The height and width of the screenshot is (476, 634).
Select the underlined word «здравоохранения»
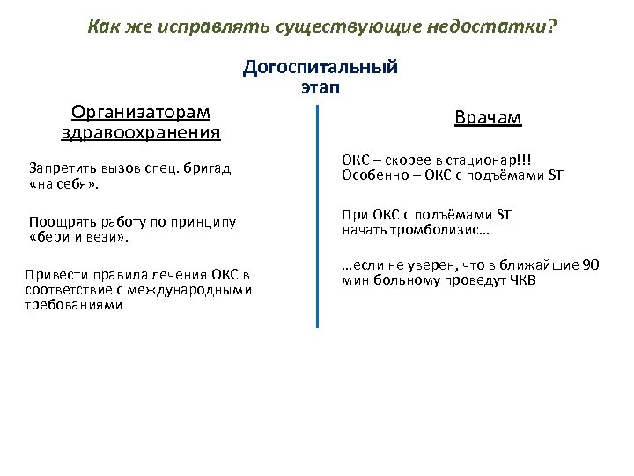141,132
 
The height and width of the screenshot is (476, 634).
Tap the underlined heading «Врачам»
488,118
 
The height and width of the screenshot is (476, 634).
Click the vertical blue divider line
317,229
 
